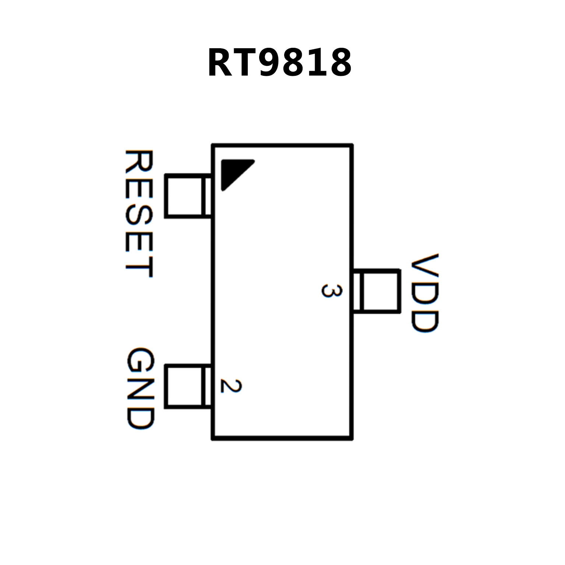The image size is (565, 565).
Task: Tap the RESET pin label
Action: coord(139,213)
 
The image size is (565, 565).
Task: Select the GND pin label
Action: coord(140,389)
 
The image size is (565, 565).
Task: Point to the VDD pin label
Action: coord(425,293)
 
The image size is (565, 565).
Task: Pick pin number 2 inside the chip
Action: coord(231,385)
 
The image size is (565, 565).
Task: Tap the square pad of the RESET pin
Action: coord(184,196)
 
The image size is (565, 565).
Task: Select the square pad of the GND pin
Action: coord(184,386)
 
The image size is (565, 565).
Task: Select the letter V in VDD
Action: coord(425,266)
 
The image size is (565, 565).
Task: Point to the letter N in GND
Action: coord(140,389)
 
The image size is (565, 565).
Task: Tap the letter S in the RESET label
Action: coord(139,213)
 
